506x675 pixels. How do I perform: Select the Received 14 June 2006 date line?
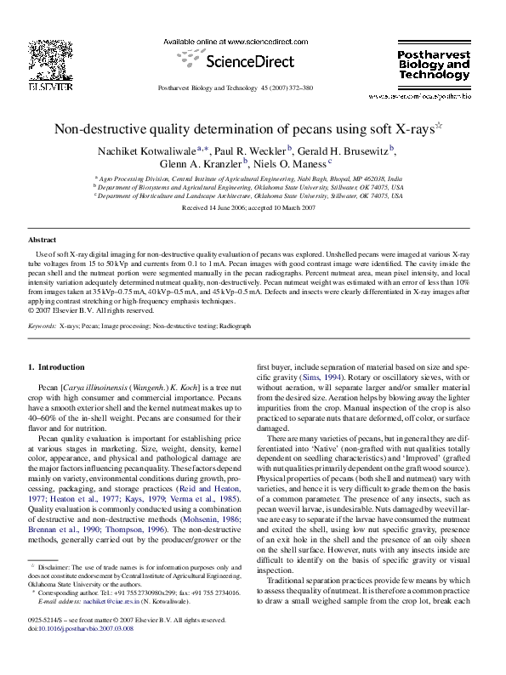[x=252, y=207]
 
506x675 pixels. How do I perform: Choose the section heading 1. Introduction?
[x=56, y=367]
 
